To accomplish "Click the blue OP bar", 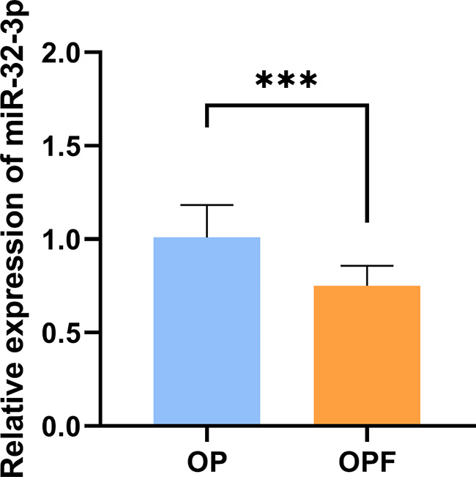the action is click(x=207, y=330).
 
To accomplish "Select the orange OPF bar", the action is click(x=367, y=355).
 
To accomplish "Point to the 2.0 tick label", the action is click(x=60, y=53).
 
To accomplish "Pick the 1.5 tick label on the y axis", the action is click(x=60, y=147).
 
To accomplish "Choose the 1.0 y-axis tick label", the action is click(x=60, y=240).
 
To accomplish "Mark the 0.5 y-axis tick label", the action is click(x=60, y=333).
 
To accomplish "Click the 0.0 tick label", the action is click(x=60, y=426).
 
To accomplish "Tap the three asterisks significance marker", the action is click(x=286, y=80).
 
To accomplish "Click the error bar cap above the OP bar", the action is click(x=207, y=205).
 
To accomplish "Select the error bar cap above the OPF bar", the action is click(x=367, y=266).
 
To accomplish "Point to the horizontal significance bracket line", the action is click(x=287, y=106).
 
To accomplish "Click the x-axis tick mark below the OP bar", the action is click(x=207, y=435).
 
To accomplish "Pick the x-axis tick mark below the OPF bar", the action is click(x=367, y=435).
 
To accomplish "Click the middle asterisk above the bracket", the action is click(x=286, y=80).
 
